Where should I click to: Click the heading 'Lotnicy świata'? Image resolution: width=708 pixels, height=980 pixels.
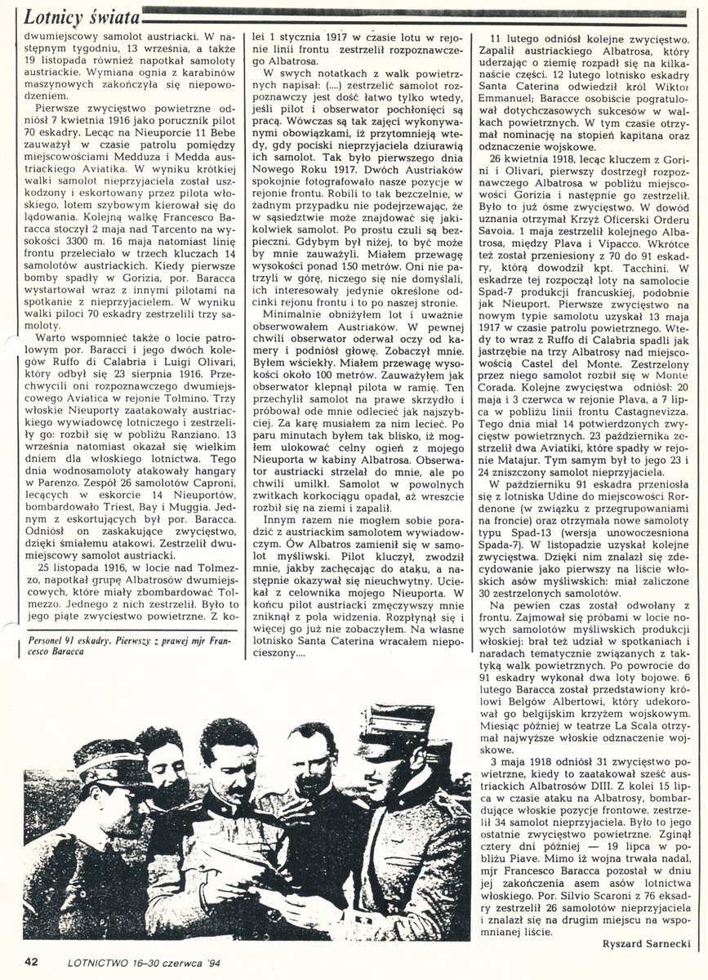[x=78, y=16]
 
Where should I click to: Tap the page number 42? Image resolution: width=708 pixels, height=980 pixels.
[x=31, y=959]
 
